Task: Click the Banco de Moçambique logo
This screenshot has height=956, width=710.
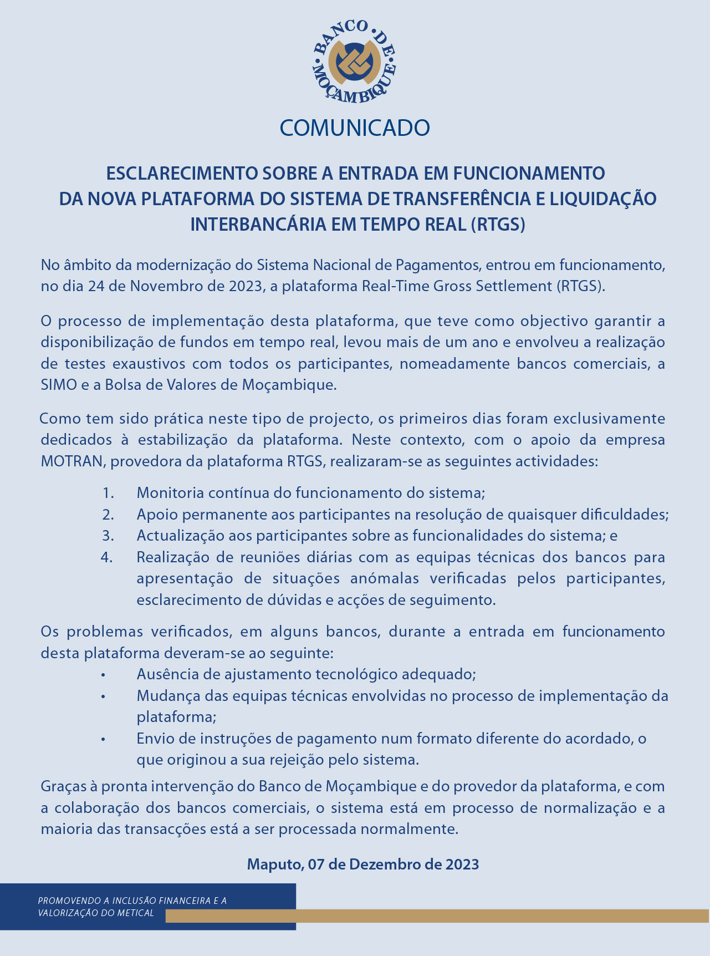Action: [x=355, y=62]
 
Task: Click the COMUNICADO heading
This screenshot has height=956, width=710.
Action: [x=355, y=128]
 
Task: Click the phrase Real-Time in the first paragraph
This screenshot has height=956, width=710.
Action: [x=394, y=287]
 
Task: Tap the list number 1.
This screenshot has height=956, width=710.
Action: [x=108, y=493]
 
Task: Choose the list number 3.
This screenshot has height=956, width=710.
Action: [x=108, y=536]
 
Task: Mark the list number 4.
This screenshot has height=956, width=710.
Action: [x=107, y=557]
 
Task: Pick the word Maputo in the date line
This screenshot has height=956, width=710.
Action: [x=273, y=864]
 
